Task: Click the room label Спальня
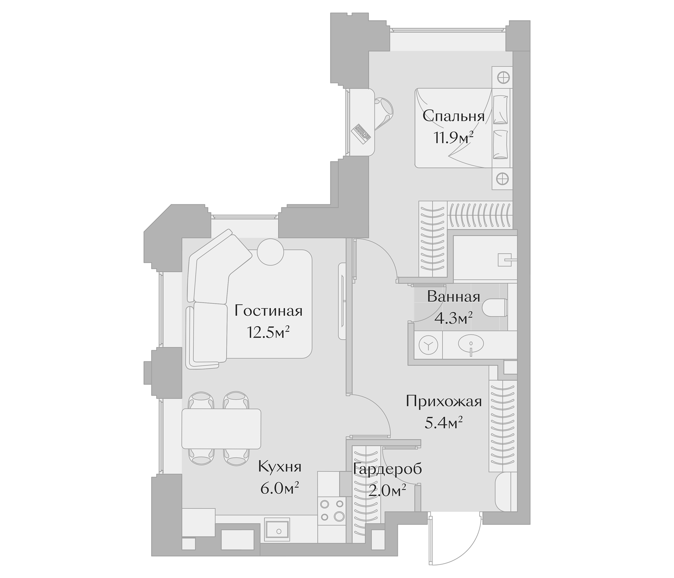(x=454, y=116)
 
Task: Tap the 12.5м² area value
(x=268, y=333)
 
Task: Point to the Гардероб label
(x=387, y=469)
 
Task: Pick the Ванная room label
(x=454, y=297)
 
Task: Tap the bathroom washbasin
(x=471, y=344)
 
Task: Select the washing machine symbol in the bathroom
(x=429, y=345)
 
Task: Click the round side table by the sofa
(x=270, y=252)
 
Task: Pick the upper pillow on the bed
(x=501, y=110)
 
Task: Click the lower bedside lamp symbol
(x=502, y=178)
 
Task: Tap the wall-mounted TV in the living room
(x=342, y=301)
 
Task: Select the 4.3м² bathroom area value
(x=454, y=319)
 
